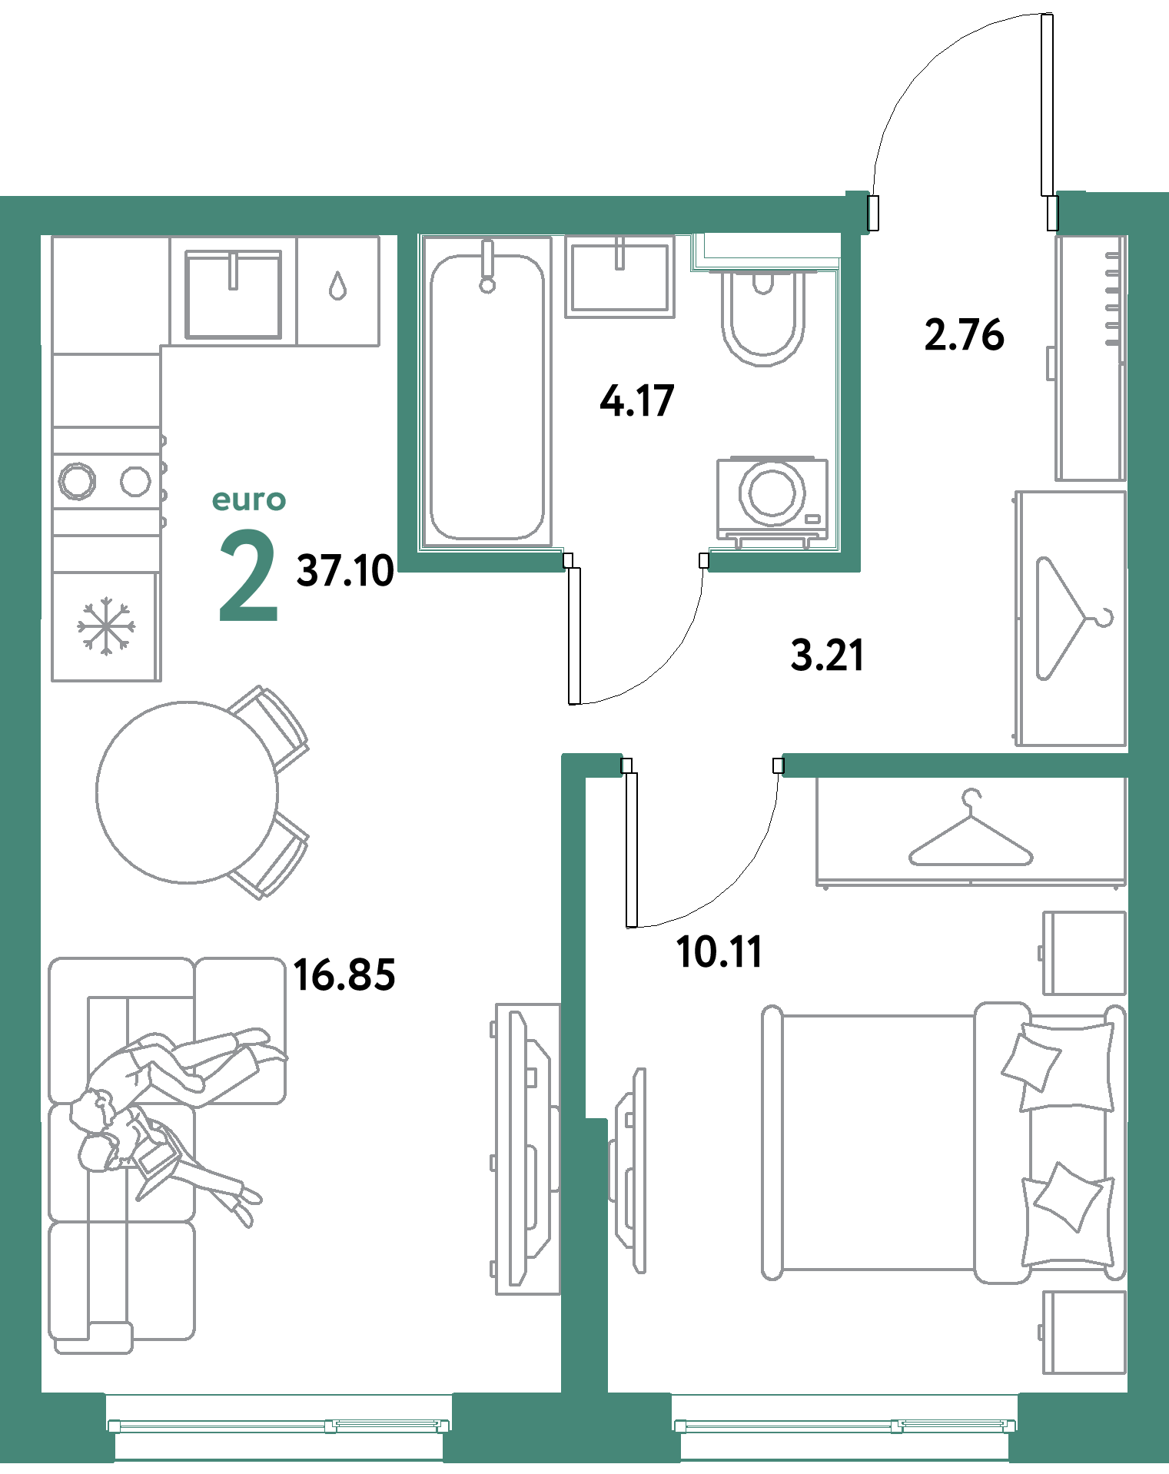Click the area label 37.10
345,571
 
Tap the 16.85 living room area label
344,974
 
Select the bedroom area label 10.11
719,951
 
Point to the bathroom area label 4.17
637,401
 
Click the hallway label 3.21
828,656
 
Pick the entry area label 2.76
964,335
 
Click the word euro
249,500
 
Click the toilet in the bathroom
763,317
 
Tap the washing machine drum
772,492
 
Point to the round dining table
187,792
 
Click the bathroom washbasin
619,277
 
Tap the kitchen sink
233,294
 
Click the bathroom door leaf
574,636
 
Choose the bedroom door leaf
632,850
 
